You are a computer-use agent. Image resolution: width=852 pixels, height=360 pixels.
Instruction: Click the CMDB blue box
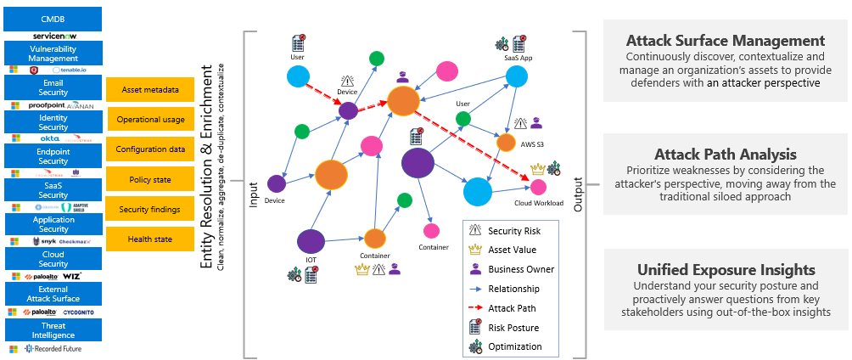(53, 18)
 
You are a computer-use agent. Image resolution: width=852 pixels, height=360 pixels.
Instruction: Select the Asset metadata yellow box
(150, 89)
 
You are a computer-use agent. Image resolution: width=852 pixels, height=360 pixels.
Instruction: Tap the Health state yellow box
(150, 239)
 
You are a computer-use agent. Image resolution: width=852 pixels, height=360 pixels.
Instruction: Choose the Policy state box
(150, 180)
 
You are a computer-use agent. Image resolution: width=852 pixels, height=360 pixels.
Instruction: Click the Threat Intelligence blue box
(53, 329)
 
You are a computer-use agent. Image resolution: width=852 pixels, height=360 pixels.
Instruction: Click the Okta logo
(48, 138)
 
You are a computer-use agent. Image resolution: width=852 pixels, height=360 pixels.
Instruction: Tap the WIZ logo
(70, 277)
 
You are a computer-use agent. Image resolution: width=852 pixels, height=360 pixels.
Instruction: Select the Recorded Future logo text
(59, 349)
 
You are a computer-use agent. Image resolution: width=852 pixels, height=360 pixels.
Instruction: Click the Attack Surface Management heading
(725, 41)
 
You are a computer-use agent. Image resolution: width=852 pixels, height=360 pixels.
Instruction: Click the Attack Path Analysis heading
(725, 155)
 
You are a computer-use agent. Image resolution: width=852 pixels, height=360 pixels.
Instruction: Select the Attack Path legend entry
(512, 308)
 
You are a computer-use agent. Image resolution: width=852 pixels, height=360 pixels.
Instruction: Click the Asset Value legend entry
(512, 250)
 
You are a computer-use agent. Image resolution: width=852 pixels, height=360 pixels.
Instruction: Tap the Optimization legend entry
(515, 346)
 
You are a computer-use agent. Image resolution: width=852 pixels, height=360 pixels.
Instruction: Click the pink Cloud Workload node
(538, 187)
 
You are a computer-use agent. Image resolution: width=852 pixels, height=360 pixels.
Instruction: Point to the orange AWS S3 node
(506, 143)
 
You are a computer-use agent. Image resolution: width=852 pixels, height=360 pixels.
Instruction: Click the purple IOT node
(311, 242)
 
